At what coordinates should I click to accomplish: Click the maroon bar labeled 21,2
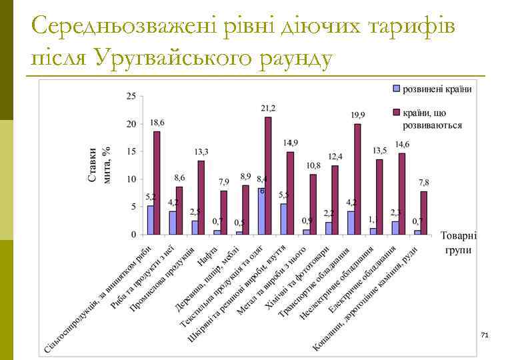pyautogui.click(x=268, y=175)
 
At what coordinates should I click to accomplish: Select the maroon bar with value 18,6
pyautogui.click(x=157, y=183)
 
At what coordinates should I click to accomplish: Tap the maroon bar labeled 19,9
pyautogui.click(x=357, y=179)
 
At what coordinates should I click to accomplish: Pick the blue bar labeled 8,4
pyautogui.click(x=261, y=211)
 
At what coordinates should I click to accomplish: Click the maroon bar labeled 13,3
pyautogui.click(x=201, y=197)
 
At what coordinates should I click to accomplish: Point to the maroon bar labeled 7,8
pyautogui.click(x=424, y=213)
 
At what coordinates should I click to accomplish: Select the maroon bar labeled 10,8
pyautogui.click(x=313, y=204)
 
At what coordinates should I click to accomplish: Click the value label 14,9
pyautogui.click(x=290, y=143)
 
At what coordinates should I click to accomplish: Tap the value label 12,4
pyautogui.click(x=335, y=157)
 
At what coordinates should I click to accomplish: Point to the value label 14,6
pyautogui.click(x=402, y=144)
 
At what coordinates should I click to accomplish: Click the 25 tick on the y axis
pyautogui.click(x=131, y=97)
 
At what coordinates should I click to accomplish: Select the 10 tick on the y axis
pyautogui.click(x=131, y=179)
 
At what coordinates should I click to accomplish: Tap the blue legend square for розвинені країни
pyautogui.click(x=395, y=89)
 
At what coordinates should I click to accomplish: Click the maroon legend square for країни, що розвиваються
pyautogui.click(x=395, y=113)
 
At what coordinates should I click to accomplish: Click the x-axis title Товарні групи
pyautogui.click(x=458, y=243)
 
